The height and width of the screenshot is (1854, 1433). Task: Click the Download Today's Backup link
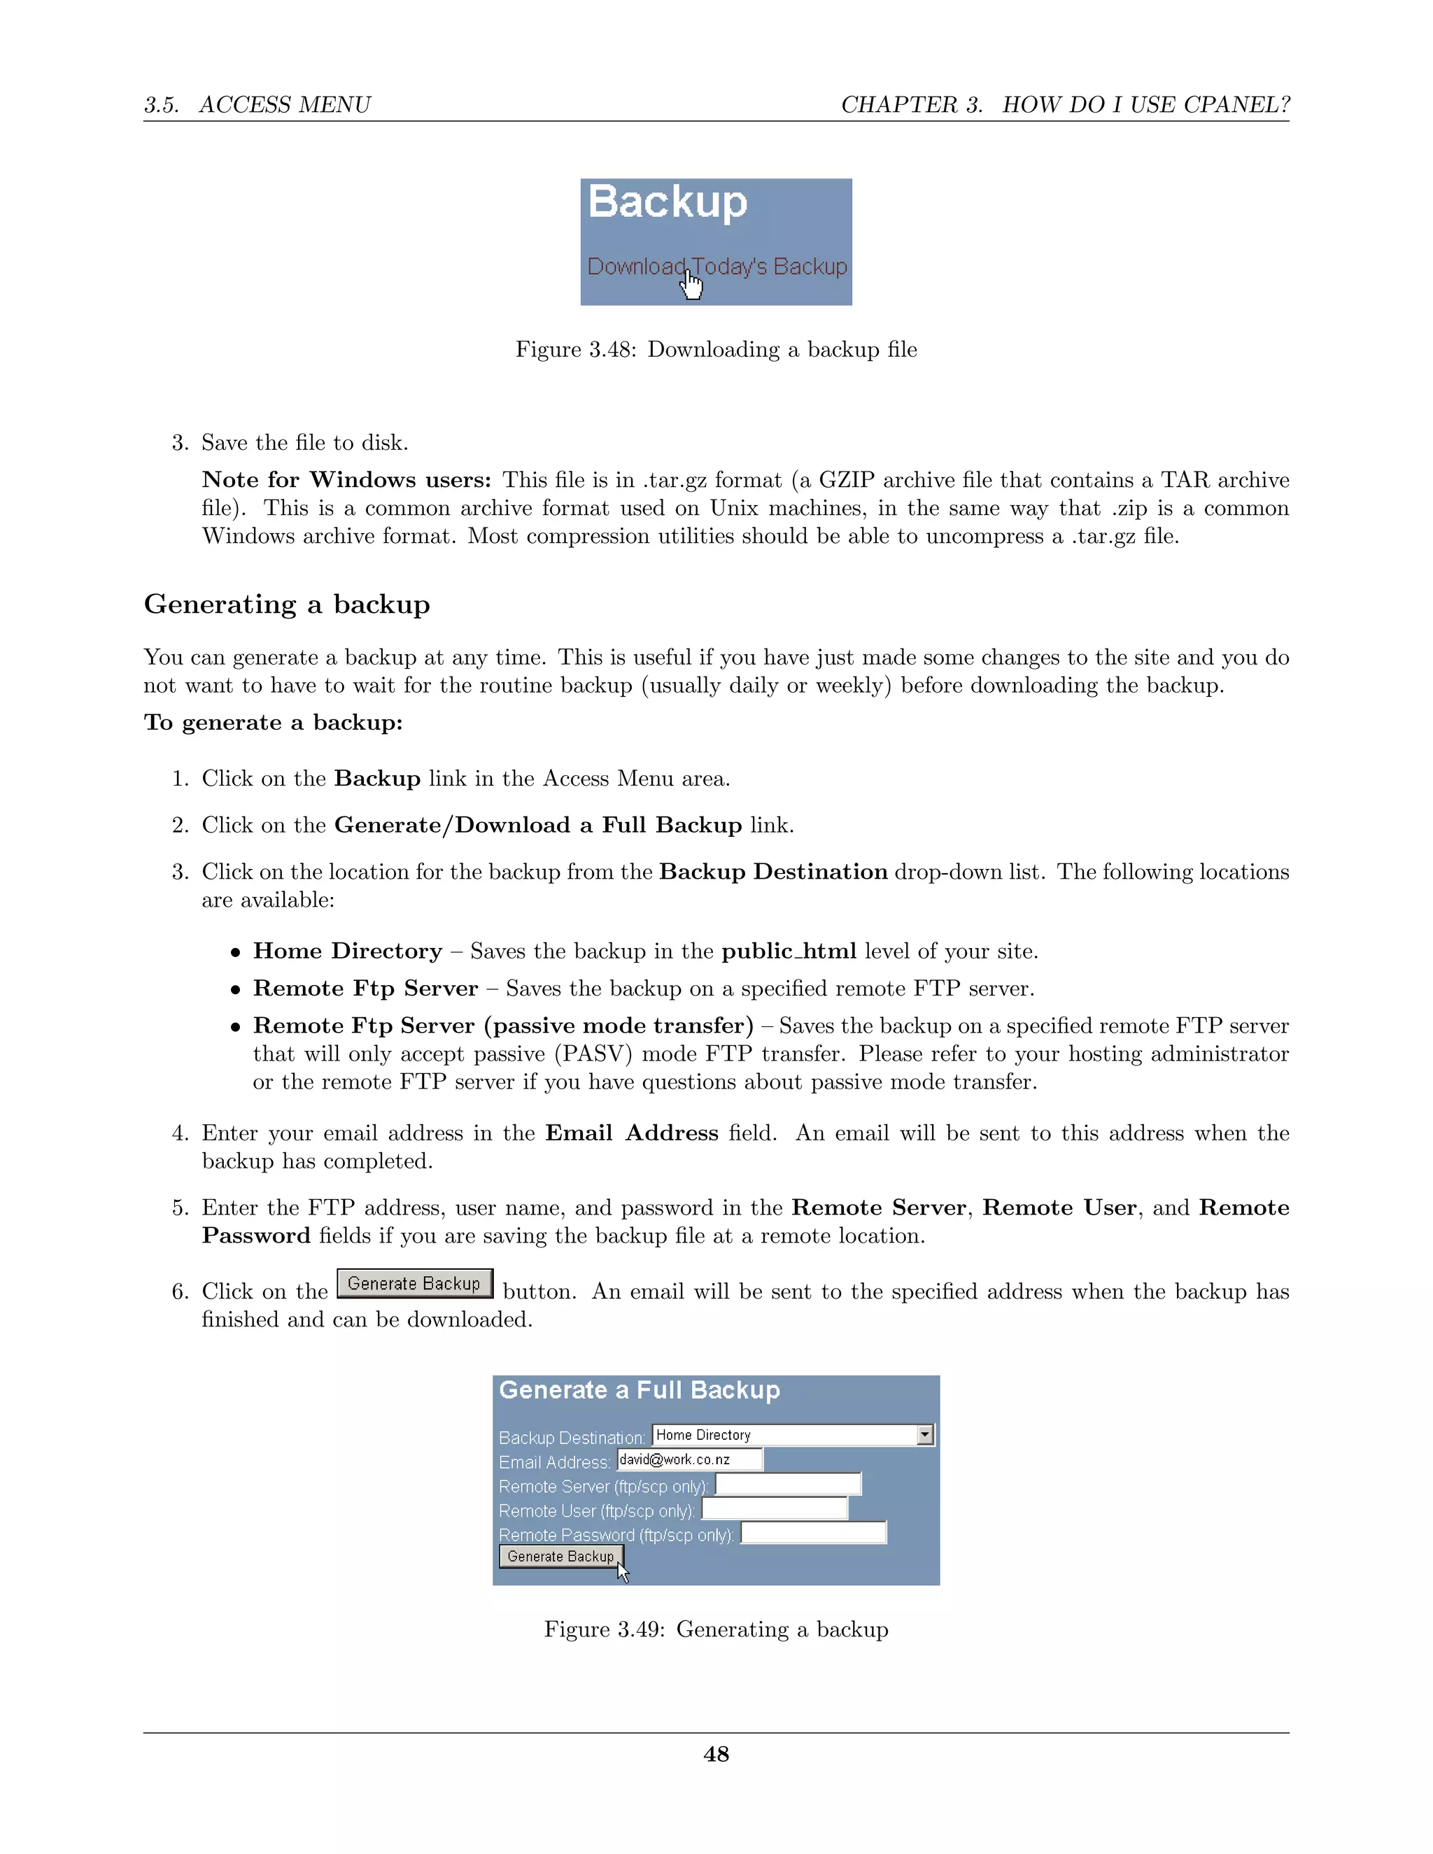coord(716,267)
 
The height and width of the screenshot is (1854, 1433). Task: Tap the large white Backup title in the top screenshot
coord(668,202)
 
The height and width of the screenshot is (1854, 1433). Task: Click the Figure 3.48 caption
coord(716,350)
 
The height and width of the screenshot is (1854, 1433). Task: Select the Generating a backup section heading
coord(287,604)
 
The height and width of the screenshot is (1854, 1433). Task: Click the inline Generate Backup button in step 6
coord(414,1284)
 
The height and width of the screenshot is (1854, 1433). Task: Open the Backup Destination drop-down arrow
coord(925,1435)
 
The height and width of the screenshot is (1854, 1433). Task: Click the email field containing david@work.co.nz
coord(689,1459)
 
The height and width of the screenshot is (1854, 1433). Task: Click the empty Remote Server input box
coord(788,1484)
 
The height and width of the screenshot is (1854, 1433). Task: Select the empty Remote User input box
coord(775,1508)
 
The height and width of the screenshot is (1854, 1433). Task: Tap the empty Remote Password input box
coord(813,1532)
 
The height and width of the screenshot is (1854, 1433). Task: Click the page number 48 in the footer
coord(716,1754)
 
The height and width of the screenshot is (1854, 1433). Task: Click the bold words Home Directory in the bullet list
coord(347,951)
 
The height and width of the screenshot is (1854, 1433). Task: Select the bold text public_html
coord(789,951)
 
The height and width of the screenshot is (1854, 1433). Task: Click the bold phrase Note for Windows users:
coord(346,480)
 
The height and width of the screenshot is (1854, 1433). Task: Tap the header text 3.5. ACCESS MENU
coord(257,104)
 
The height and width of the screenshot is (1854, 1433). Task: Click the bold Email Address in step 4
coord(632,1133)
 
